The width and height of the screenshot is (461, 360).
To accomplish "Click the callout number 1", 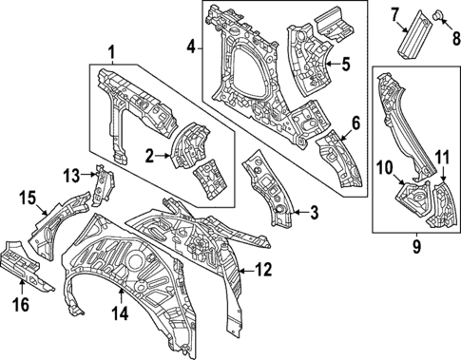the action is point(112,51).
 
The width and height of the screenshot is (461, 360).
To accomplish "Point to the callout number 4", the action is point(190,46).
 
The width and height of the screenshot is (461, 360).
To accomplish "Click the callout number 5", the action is point(346,65).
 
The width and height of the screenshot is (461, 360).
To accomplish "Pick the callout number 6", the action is point(355,123).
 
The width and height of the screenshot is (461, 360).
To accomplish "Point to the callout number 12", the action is point(263,270).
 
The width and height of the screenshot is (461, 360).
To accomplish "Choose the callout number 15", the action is point(27,199).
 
